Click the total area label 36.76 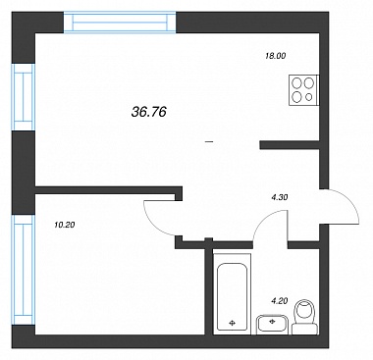(x=149, y=112)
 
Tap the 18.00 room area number (x=275, y=56)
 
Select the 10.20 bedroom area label (x=65, y=225)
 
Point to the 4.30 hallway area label (x=279, y=197)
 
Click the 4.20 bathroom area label (x=279, y=300)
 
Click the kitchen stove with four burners (x=304, y=90)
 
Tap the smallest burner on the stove (x=308, y=97)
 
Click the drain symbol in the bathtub (x=233, y=324)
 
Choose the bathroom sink (x=272, y=325)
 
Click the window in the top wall (x=120, y=23)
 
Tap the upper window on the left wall (x=24, y=97)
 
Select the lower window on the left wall (x=24, y=270)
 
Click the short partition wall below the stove (x=290, y=145)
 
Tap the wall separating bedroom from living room (x=108, y=190)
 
